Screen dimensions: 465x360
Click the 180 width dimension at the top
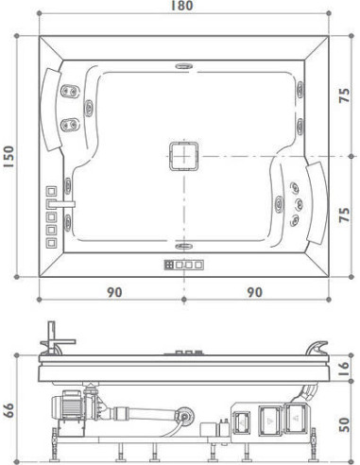(183, 8)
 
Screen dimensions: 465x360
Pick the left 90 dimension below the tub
(113, 292)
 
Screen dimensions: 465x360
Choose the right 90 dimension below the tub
(254, 292)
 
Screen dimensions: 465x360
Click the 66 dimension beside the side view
(9, 410)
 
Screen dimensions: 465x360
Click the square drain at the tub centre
(183, 155)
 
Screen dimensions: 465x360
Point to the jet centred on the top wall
(182, 66)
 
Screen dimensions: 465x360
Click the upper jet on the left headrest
(67, 93)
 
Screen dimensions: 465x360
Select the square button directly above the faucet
(51, 189)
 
